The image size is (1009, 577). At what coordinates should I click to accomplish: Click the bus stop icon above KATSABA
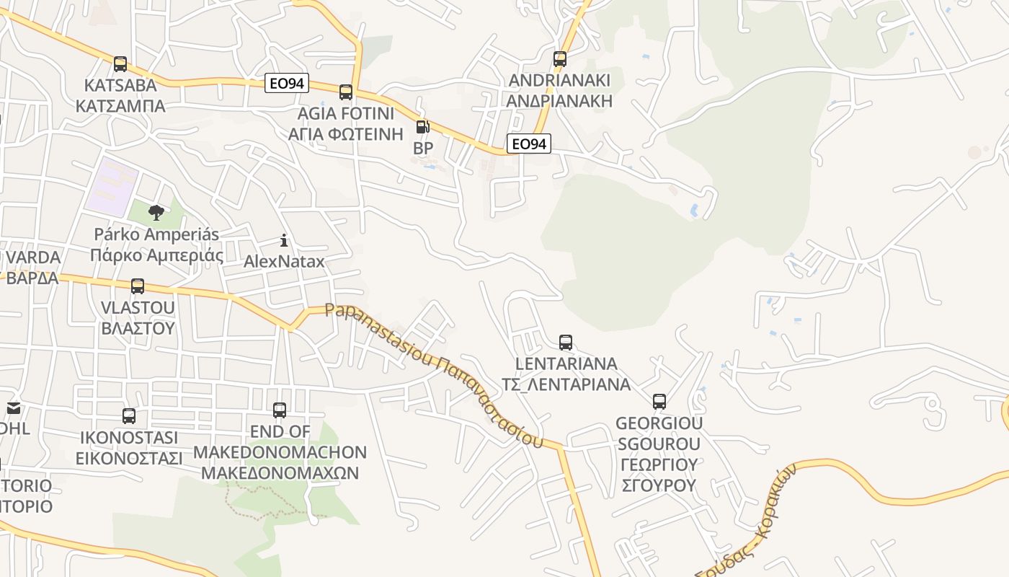(120, 63)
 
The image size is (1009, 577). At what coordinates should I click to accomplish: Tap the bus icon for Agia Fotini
(346, 92)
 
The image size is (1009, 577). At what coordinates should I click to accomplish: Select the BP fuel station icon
(422, 127)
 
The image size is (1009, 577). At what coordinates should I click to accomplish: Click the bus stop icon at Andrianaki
(560, 59)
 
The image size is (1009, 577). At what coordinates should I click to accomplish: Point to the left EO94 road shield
(286, 84)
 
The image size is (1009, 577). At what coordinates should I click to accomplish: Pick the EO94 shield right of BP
(528, 144)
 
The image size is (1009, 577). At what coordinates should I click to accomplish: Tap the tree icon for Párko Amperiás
(156, 212)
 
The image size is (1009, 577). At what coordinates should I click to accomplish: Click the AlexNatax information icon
(284, 240)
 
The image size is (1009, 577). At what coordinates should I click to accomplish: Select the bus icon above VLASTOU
(138, 286)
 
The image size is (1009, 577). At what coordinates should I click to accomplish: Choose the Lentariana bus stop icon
(566, 342)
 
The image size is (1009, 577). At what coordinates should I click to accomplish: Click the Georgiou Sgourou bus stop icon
(659, 401)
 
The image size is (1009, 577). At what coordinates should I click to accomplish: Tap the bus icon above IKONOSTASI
(129, 415)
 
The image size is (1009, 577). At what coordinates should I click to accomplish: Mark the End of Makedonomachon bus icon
(280, 410)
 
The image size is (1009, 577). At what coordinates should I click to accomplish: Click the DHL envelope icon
(13, 408)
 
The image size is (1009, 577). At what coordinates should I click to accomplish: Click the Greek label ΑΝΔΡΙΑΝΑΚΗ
(559, 101)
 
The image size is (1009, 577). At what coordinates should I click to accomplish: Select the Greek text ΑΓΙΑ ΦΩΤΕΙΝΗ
(345, 134)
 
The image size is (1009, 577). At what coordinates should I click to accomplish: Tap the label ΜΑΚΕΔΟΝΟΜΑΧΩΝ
(280, 473)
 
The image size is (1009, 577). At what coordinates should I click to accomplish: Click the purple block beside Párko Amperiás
(112, 185)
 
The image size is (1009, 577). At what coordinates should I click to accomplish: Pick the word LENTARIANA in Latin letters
(566, 364)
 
